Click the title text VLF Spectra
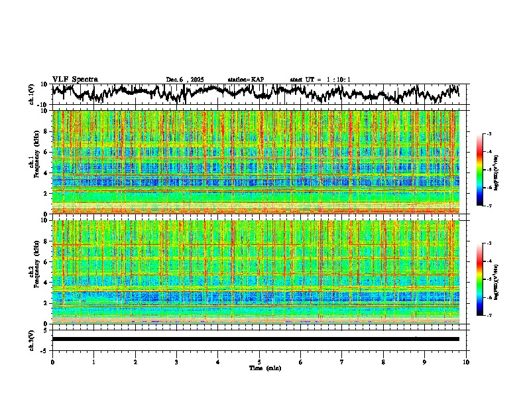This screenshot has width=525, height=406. (75, 79)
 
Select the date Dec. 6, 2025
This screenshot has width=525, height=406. (185, 80)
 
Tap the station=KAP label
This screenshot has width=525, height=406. (245, 80)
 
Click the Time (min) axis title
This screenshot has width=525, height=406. (264, 368)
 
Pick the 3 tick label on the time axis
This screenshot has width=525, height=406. (176, 362)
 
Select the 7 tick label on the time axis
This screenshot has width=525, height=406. (342, 362)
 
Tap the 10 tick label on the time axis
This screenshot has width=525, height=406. (466, 362)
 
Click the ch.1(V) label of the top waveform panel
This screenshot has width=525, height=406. (32, 94)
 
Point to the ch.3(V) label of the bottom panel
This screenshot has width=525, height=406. (32, 338)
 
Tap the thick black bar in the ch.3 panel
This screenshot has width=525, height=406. (255, 339)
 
